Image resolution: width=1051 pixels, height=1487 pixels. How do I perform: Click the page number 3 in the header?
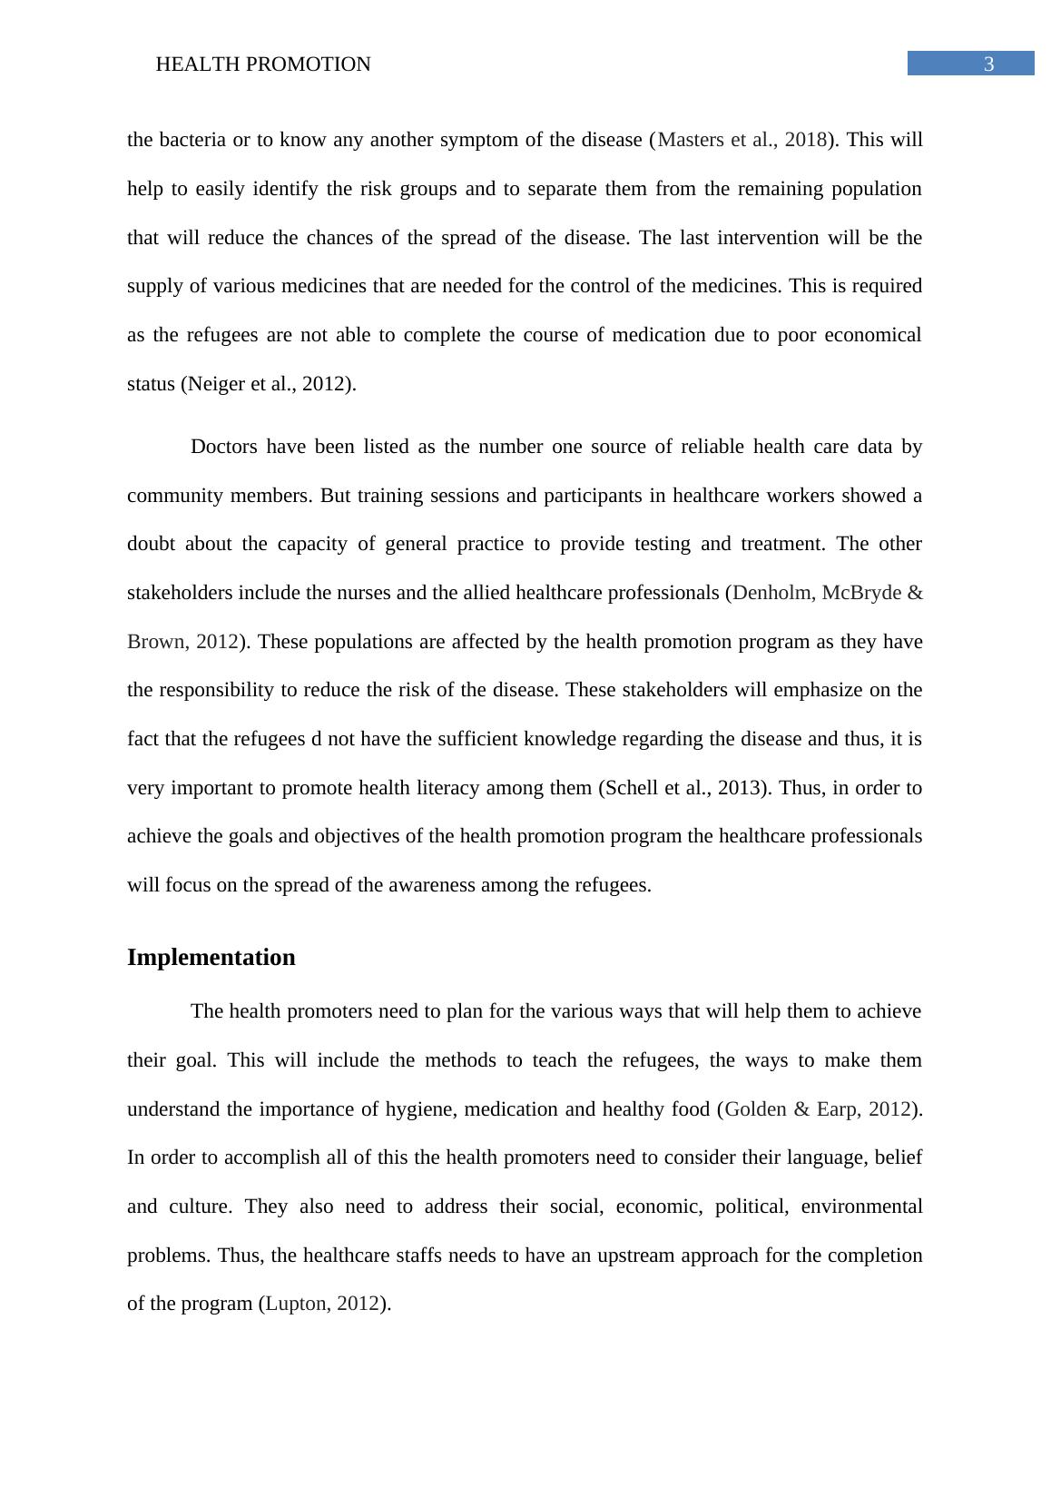pyautogui.click(x=988, y=64)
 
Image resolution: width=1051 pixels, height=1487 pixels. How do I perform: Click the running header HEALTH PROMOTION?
pyautogui.click(x=263, y=64)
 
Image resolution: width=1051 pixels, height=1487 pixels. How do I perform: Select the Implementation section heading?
pyautogui.click(x=211, y=958)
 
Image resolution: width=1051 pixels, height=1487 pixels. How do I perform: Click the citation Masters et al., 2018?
pyautogui.click(x=742, y=140)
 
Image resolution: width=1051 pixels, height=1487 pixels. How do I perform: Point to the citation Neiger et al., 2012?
pyautogui.click(x=267, y=384)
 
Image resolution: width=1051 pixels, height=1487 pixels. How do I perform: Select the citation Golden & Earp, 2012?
pyautogui.click(x=818, y=1109)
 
